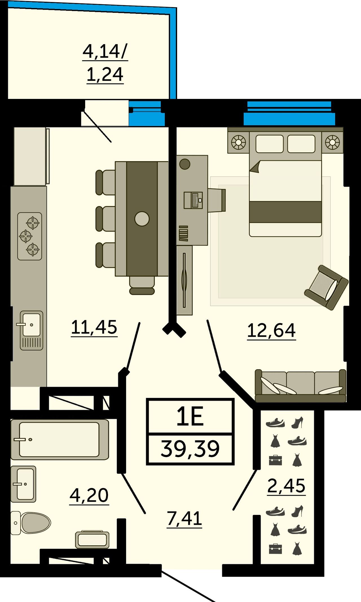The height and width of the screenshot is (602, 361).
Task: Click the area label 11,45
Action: [94, 327]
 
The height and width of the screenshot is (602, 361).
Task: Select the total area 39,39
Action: [190, 449]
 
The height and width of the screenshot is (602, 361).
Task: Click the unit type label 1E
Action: [190, 417]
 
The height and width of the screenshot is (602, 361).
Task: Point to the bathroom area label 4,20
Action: [89, 495]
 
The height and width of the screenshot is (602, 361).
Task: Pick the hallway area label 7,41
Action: [184, 518]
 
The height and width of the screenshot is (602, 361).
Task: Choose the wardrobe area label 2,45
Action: [286, 486]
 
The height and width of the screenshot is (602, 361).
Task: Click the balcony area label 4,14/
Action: [105, 51]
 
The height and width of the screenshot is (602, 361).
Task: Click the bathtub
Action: [60, 439]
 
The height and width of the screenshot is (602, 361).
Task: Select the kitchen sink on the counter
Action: [31, 330]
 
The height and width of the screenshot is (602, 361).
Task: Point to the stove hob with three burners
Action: [30, 236]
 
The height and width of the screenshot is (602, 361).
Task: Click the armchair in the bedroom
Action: [326, 287]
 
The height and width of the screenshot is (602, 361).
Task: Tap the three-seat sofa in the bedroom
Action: [300, 386]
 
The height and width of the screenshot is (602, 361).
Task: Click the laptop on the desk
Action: [193, 200]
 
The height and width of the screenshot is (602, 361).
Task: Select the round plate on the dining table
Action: [142, 219]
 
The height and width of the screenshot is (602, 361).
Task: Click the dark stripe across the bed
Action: [285, 212]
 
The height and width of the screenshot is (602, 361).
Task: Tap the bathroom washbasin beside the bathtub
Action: [23, 484]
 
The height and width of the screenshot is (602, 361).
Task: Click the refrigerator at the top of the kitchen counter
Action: [31, 156]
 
